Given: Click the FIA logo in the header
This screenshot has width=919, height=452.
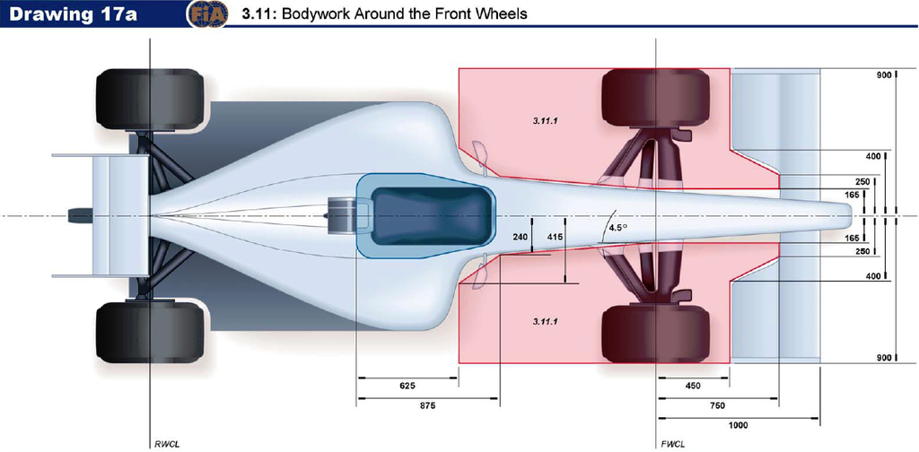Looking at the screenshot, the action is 207,14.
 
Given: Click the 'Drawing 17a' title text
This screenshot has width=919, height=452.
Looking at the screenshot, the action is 74,13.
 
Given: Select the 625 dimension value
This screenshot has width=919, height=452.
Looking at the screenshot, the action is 407,387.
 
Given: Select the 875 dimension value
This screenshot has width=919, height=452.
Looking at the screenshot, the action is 428,406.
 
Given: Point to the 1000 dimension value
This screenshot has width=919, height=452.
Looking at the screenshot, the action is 739,426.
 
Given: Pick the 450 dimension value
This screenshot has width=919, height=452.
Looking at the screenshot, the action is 692,387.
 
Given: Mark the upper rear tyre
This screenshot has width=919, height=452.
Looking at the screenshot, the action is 150,99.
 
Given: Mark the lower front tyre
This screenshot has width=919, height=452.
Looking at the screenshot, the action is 656,333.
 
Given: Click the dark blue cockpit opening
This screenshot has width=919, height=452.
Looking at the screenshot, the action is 431,216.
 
